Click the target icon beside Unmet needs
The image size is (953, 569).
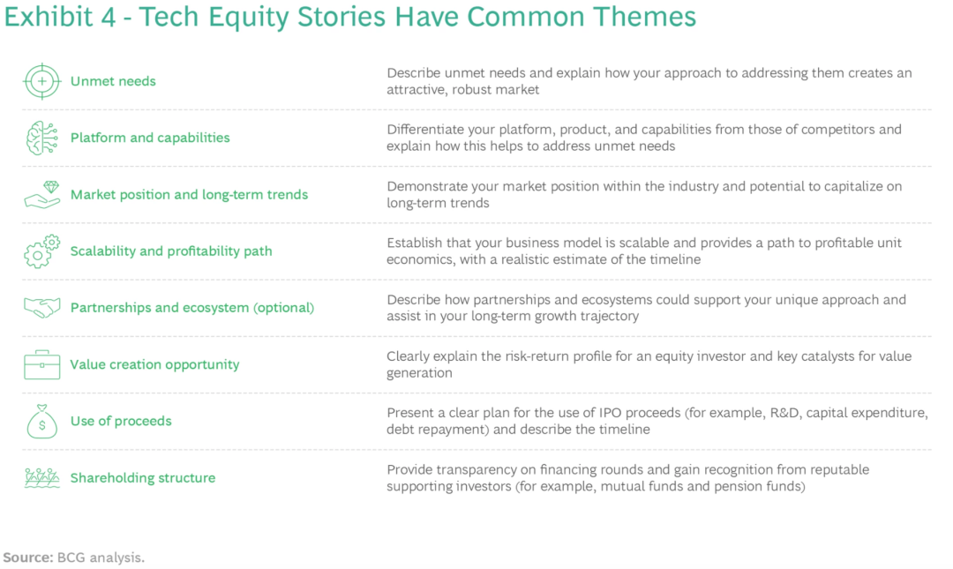(42, 81)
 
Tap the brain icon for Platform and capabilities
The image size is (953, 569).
(42, 138)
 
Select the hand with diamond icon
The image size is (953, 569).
(42, 195)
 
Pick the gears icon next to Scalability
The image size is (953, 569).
(42, 251)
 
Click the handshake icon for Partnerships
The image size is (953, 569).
(42, 308)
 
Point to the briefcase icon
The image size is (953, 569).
(42, 364)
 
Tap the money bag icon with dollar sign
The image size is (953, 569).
(42, 422)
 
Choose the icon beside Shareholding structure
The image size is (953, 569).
(42, 478)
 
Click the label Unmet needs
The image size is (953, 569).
(113, 81)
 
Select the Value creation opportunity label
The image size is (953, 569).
(154, 364)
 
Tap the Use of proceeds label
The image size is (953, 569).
(121, 421)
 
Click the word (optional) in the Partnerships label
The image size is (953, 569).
(284, 308)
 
